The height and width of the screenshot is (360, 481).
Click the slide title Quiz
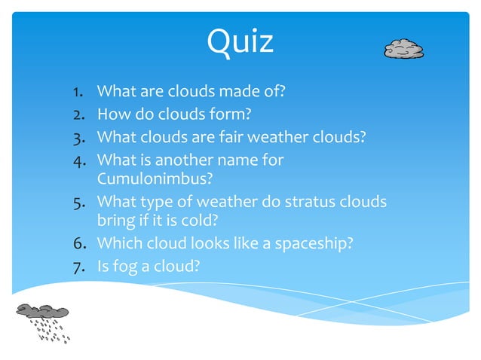(240, 41)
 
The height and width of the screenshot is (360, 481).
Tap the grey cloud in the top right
(403, 49)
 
